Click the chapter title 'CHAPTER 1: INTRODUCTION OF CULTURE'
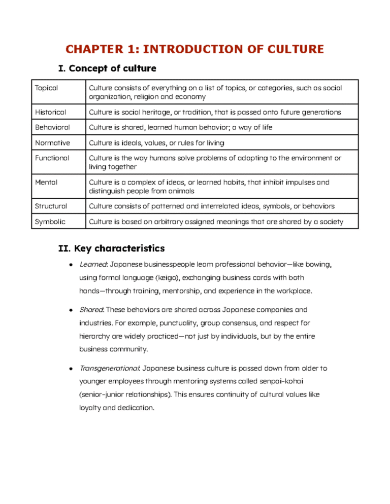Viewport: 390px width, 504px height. click(195, 49)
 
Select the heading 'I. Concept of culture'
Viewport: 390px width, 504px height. click(108, 68)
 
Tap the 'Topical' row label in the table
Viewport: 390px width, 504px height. click(46, 88)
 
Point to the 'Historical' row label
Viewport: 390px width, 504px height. click(50, 112)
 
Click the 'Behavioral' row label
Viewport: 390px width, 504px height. click(52, 127)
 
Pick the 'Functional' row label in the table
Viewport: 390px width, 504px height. click(52, 158)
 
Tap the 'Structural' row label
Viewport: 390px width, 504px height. click(51, 206)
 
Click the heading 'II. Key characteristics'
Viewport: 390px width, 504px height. click(112, 248)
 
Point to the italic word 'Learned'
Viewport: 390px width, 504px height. click(93, 264)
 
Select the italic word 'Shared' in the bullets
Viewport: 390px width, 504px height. click(91, 309)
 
